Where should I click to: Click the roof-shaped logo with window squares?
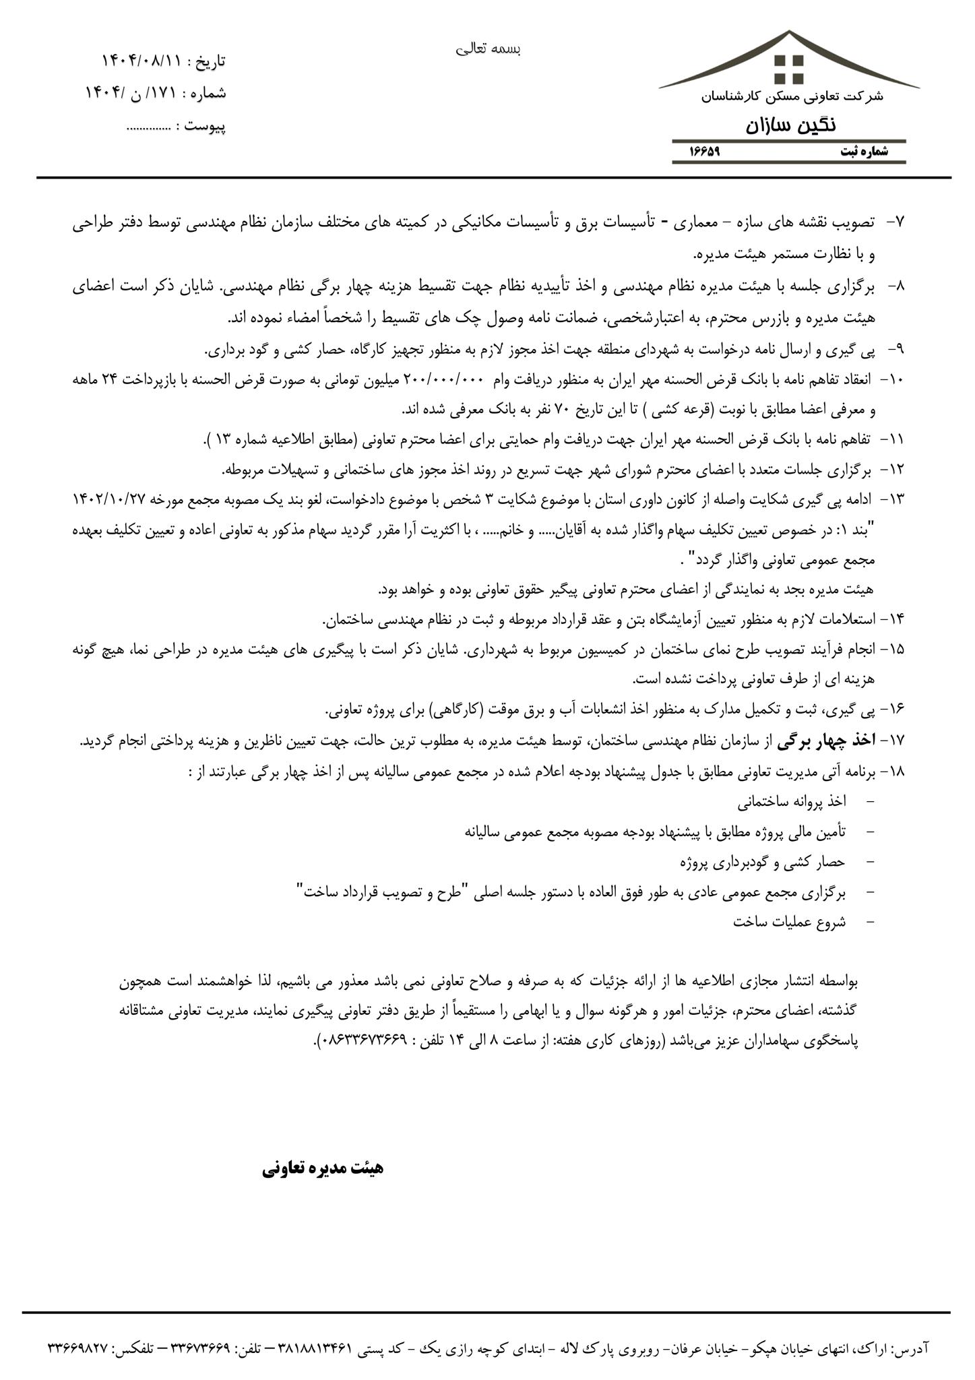788,64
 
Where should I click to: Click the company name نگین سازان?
790,125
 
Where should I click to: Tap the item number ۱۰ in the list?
893,380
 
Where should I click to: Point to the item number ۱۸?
894,772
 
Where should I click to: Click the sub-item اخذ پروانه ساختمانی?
791,802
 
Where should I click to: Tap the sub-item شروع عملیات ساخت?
789,922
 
